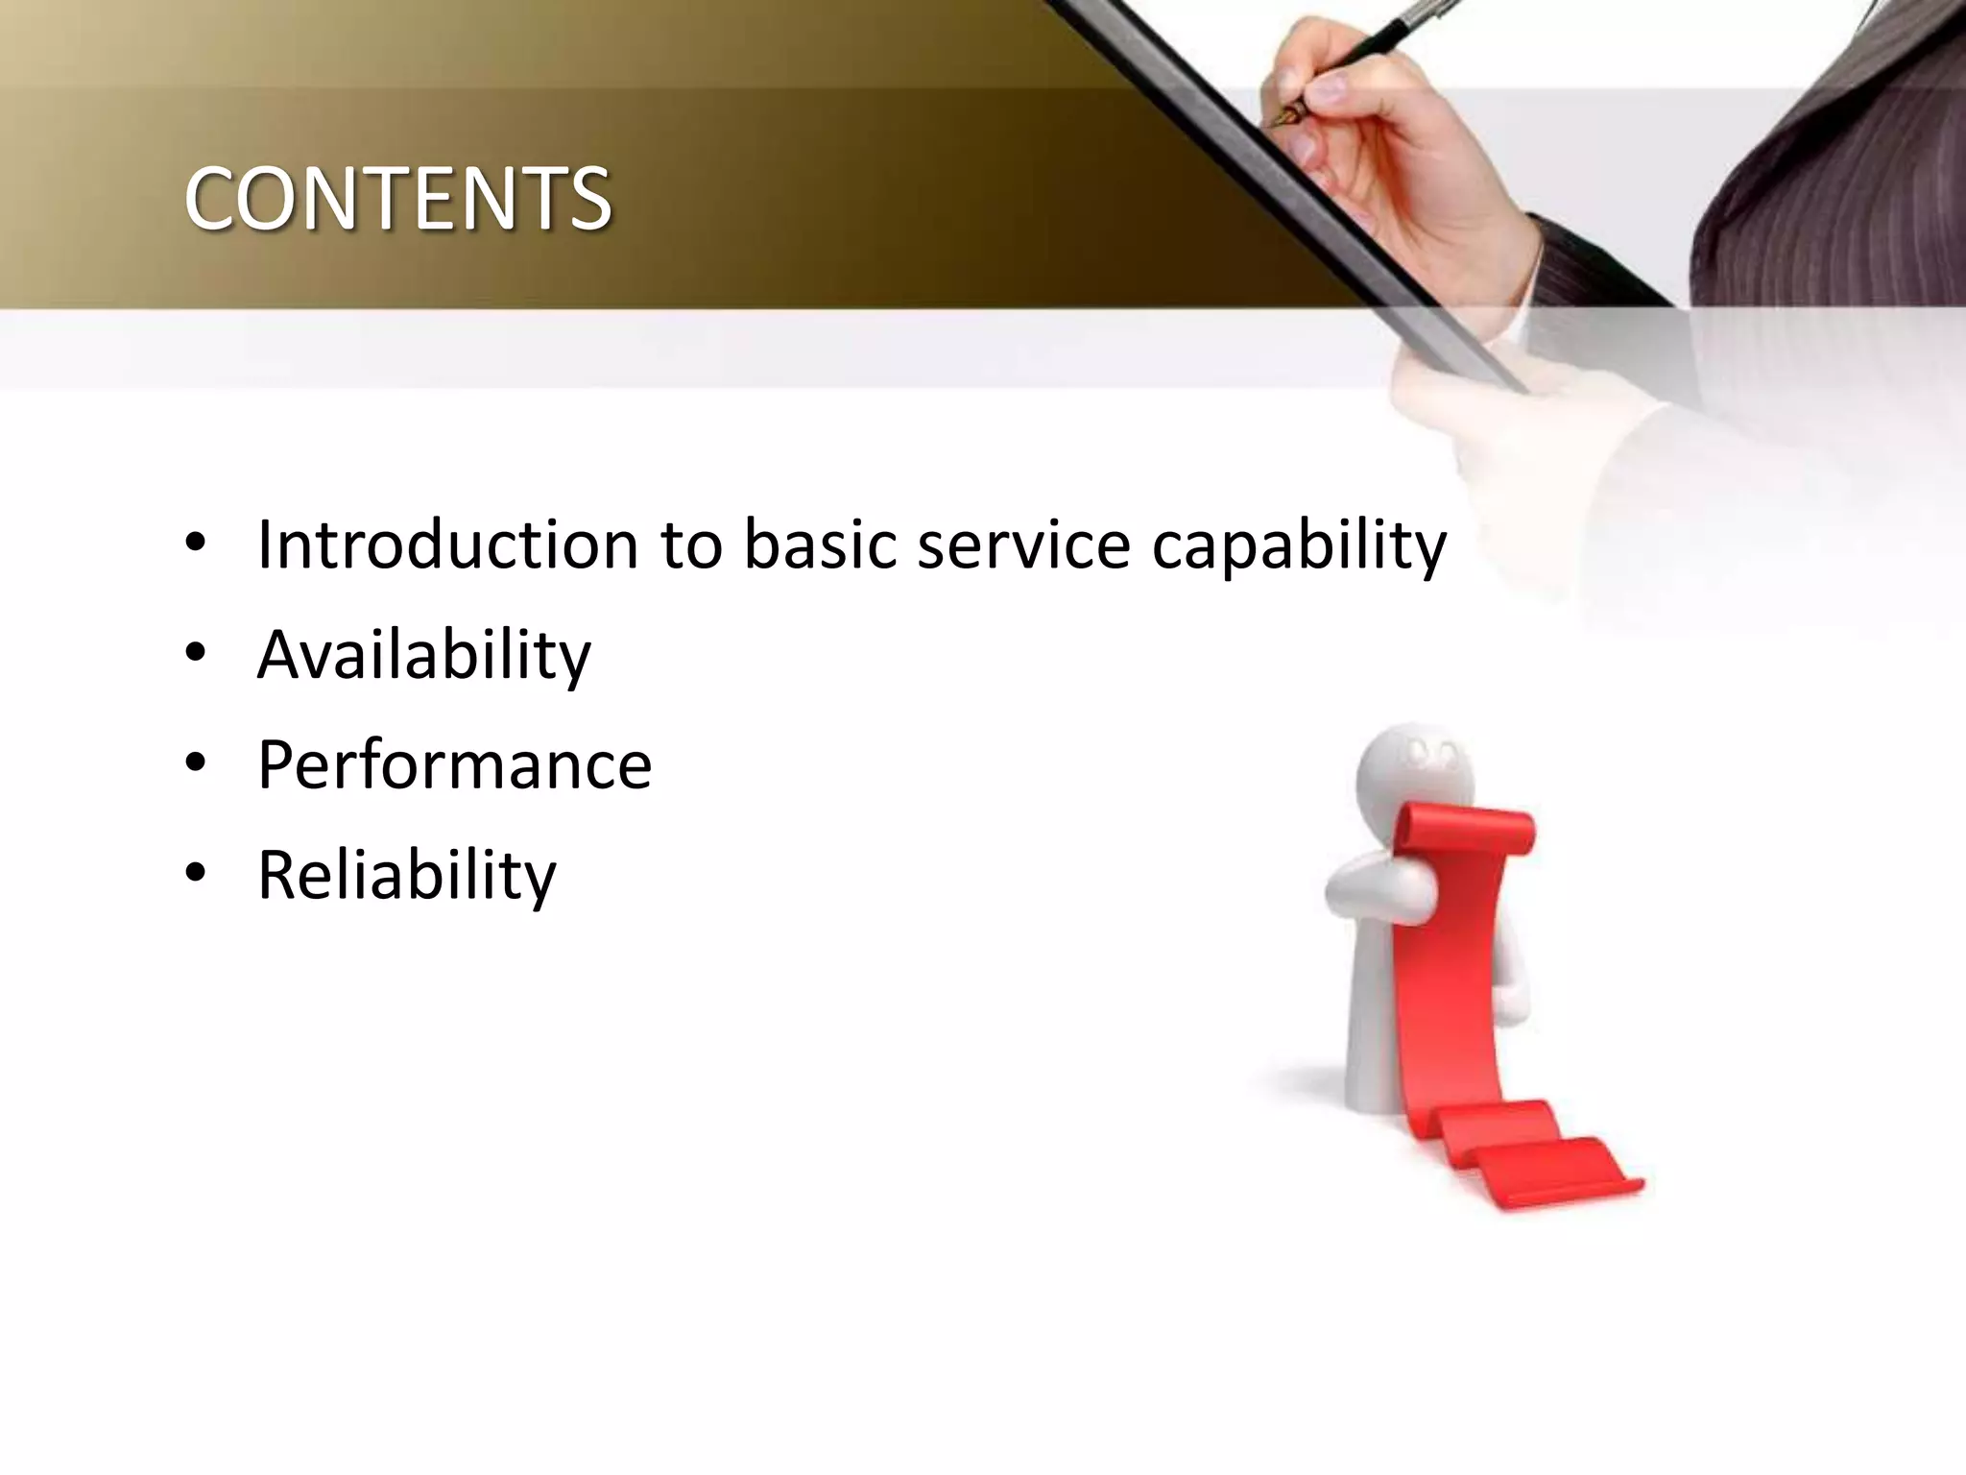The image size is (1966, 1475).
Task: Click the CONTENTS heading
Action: point(397,199)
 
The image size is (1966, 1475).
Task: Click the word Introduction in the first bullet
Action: point(447,544)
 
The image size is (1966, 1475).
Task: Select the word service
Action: point(1023,544)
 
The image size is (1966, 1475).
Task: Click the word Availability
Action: point(424,656)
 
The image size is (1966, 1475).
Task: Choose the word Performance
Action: point(455,766)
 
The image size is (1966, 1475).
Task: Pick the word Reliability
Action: point(407,876)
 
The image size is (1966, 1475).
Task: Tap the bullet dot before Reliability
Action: point(196,873)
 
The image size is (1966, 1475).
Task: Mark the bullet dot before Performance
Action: point(196,763)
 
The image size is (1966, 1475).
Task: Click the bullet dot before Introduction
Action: point(196,544)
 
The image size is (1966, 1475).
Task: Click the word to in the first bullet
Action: point(690,544)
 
